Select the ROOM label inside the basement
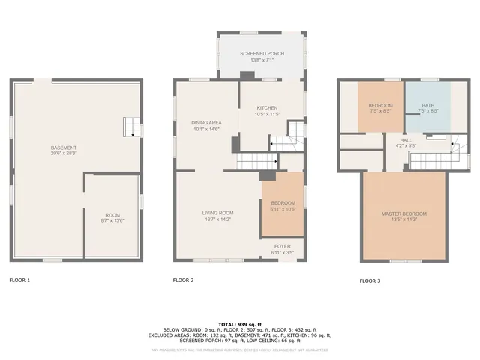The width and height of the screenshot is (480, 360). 112,215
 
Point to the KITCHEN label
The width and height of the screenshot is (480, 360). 267,109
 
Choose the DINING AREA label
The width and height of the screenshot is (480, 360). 205,124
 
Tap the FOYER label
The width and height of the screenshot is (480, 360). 281,245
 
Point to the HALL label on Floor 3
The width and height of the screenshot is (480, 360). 406,139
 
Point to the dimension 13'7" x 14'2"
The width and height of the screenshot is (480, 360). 217,219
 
